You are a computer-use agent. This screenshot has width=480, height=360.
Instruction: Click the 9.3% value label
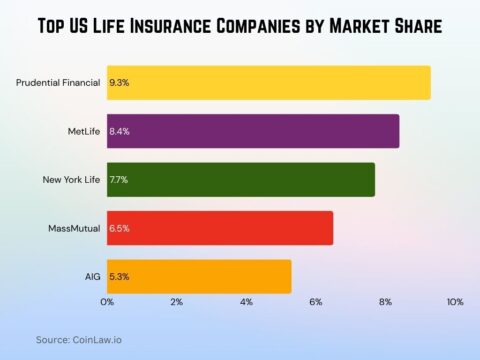119,83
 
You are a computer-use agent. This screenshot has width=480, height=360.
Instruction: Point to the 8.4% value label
119,131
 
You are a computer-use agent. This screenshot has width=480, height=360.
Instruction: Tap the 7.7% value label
119,179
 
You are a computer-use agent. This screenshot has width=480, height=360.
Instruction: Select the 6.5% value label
119,228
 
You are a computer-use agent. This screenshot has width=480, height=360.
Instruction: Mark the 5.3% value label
119,276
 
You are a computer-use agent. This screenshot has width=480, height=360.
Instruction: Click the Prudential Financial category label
58,83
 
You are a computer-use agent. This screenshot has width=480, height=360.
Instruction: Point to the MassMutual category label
74,228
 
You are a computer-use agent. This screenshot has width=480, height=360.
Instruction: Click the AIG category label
92,276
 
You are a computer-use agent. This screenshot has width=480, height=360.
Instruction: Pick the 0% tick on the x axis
107,302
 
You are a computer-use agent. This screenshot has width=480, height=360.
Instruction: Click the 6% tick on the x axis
316,302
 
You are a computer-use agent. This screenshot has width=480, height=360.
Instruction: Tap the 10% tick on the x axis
455,302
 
